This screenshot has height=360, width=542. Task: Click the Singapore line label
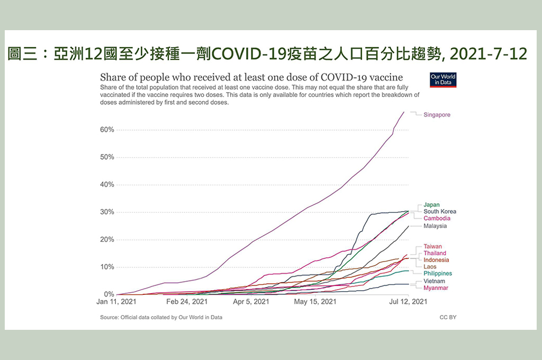437,115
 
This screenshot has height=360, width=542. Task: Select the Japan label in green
431,205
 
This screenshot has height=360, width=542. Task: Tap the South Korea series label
440,212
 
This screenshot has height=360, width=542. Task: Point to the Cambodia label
437,218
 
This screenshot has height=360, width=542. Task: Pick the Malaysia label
435,226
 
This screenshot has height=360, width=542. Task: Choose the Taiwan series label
432,247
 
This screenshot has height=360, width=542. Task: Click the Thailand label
435,254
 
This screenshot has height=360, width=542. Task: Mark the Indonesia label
436,260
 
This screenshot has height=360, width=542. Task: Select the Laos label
430,267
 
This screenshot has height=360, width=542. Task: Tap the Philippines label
438,274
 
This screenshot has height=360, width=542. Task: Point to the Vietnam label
434,281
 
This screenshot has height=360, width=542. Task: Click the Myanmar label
436,288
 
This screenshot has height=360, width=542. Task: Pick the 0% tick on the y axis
109,294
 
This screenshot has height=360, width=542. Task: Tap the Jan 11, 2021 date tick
116,302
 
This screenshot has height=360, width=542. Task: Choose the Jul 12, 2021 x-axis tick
408,302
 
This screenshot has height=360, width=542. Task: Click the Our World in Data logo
443,79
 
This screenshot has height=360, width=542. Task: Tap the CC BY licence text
448,317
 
